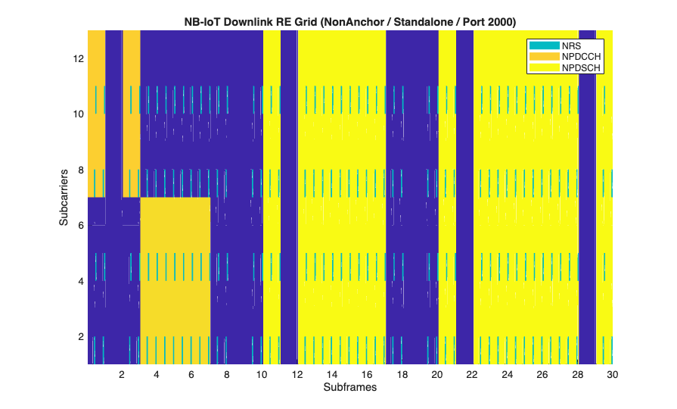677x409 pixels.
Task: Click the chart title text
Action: [x=350, y=21]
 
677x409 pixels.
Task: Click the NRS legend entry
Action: [x=571, y=46]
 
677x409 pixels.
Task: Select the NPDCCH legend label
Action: [x=581, y=57]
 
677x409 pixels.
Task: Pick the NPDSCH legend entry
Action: [x=581, y=67]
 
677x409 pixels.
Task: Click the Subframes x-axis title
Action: [x=350, y=388]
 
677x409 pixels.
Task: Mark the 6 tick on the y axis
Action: [x=80, y=226]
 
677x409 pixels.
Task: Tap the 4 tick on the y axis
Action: [x=80, y=282]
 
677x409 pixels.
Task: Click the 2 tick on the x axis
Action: [x=122, y=374]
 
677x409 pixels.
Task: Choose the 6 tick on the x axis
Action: [x=192, y=374]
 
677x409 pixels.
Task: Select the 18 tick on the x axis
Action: [x=402, y=374]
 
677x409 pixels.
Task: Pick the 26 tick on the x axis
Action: [x=542, y=374]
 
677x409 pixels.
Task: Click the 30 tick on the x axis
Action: [x=612, y=374]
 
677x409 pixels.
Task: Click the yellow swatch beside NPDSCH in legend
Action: [x=544, y=67]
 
